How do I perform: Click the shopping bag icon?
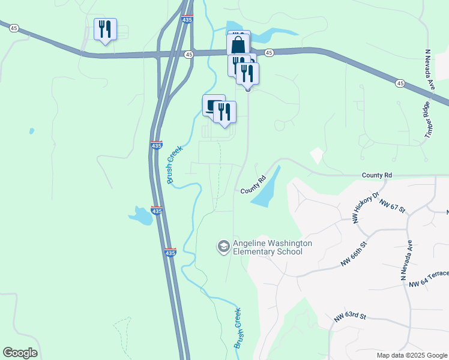[x=238, y=45]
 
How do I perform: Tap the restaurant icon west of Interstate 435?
[x=105, y=29]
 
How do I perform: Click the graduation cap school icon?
[x=223, y=247]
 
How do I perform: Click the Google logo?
[x=20, y=353]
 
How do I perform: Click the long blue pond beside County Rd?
[x=267, y=188]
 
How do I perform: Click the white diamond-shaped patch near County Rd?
[x=316, y=156]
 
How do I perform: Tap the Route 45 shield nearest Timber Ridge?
[x=400, y=83]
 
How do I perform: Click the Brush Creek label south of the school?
[x=238, y=328]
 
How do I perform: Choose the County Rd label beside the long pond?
[x=253, y=185]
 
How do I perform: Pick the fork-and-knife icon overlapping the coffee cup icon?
[x=224, y=112]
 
